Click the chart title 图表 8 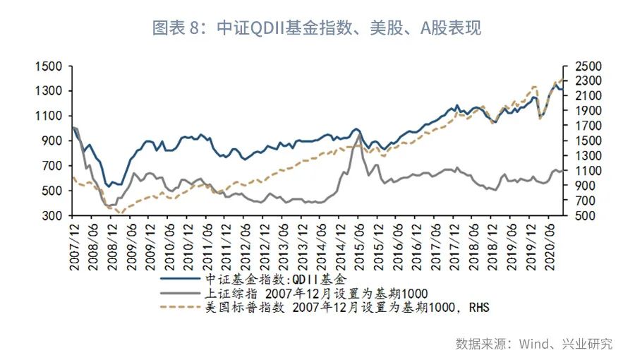pyautogui.click(x=317, y=28)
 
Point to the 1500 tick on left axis pyautogui.click(x=51, y=66)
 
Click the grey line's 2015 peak pyautogui.click(x=359, y=134)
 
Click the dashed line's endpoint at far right pyautogui.click(x=562, y=78)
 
